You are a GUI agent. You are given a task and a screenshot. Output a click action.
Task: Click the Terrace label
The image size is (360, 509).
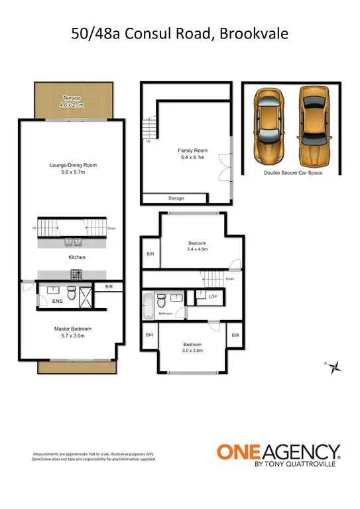click(71, 97)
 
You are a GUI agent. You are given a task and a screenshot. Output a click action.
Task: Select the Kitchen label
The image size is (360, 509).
click(77, 257)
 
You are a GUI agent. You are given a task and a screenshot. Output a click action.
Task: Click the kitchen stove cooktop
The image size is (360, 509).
click(76, 273)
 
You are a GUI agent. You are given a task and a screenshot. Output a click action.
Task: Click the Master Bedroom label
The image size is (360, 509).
click(72, 329)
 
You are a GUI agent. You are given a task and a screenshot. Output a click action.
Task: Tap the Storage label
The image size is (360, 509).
click(176, 198)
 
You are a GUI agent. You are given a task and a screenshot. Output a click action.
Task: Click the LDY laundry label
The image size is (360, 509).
click(213, 297)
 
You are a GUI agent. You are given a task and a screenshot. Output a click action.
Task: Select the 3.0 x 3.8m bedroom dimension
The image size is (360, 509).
click(193, 350)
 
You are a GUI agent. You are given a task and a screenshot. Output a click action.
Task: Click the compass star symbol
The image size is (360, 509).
click(336, 366)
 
